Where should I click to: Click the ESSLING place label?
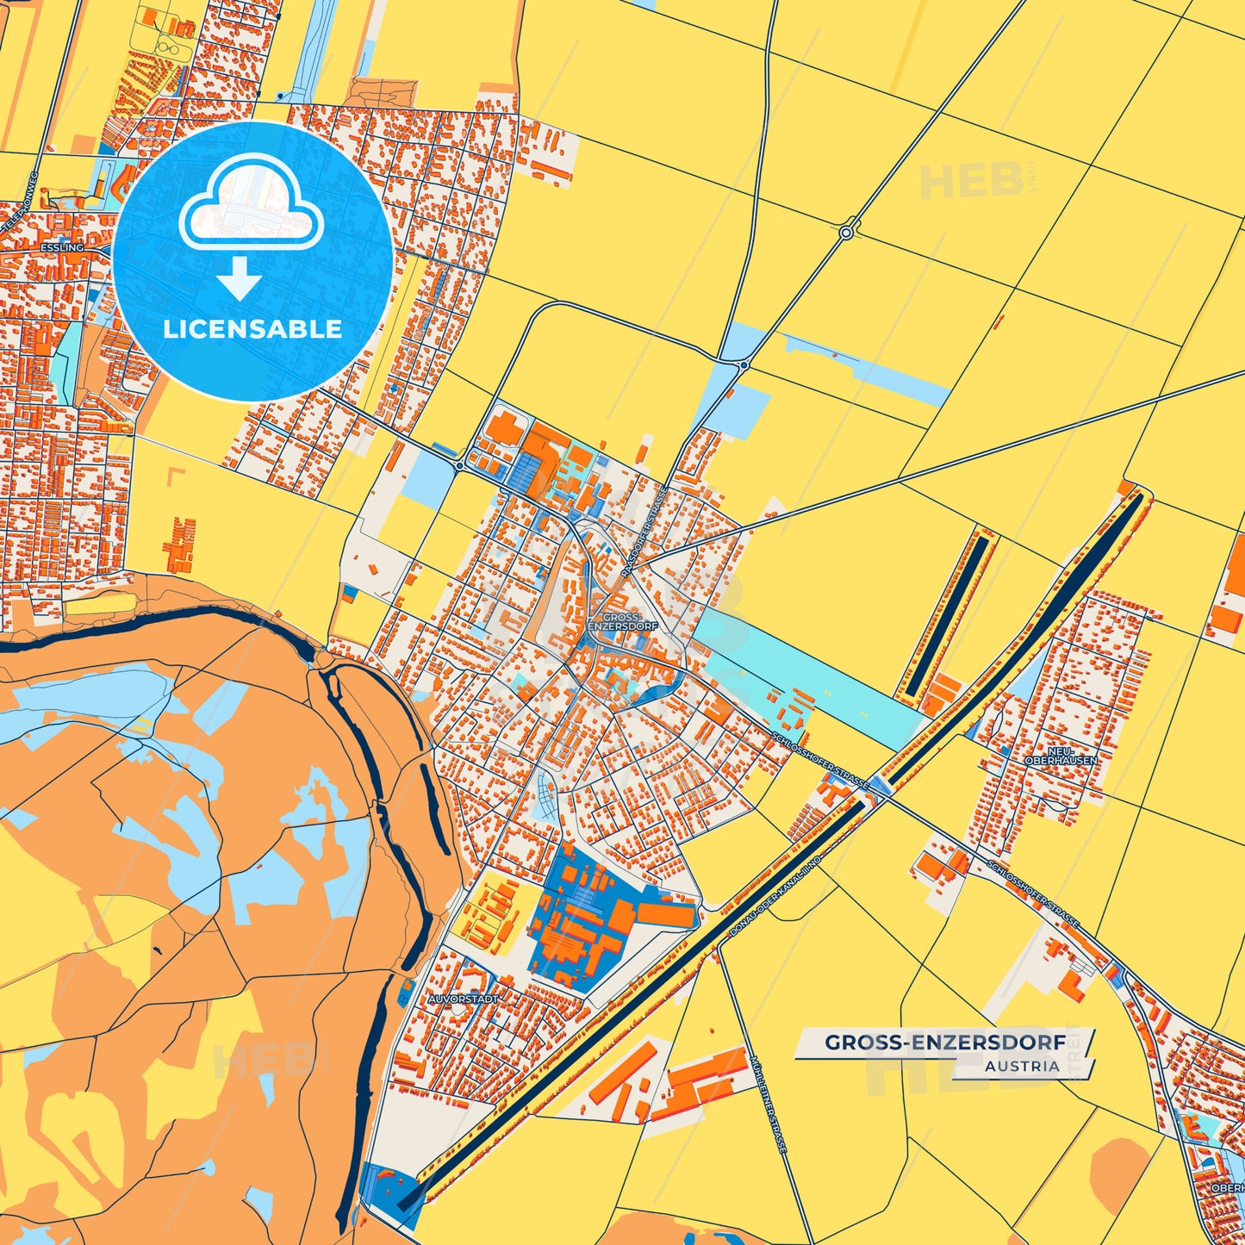(x=62, y=247)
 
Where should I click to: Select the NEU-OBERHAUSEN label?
(x=1061, y=756)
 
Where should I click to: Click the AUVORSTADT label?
(x=464, y=999)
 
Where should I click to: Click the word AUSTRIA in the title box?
(x=1022, y=1066)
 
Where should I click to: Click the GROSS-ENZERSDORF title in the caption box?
(x=945, y=1043)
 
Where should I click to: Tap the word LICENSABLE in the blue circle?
(x=252, y=329)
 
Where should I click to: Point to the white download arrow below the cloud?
(x=240, y=277)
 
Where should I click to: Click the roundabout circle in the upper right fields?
(x=847, y=233)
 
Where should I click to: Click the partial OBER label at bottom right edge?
(x=1227, y=1187)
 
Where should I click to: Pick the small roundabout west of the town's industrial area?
(x=460, y=465)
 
